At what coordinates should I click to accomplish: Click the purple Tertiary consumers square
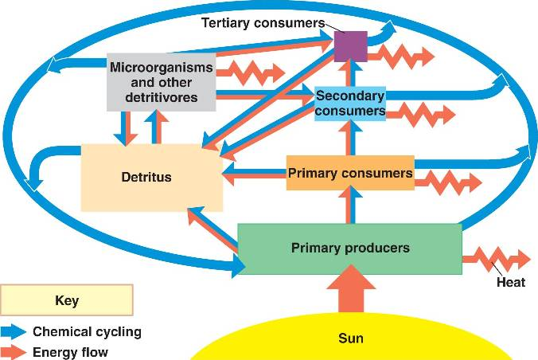(350, 46)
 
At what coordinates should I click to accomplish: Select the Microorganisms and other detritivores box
(162, 82)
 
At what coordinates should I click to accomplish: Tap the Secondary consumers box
(350, 103)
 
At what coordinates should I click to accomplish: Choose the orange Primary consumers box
(350, 173)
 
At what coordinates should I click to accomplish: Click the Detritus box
(152, 177)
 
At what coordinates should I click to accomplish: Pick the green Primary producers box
(350, 248)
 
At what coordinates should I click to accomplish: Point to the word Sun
(350, 338)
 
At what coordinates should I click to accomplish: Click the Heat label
(510, 282)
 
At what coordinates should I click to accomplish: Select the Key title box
(67, 301)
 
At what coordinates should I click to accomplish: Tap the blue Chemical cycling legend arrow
(14, 331)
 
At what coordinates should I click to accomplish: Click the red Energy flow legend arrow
(14, 351)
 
